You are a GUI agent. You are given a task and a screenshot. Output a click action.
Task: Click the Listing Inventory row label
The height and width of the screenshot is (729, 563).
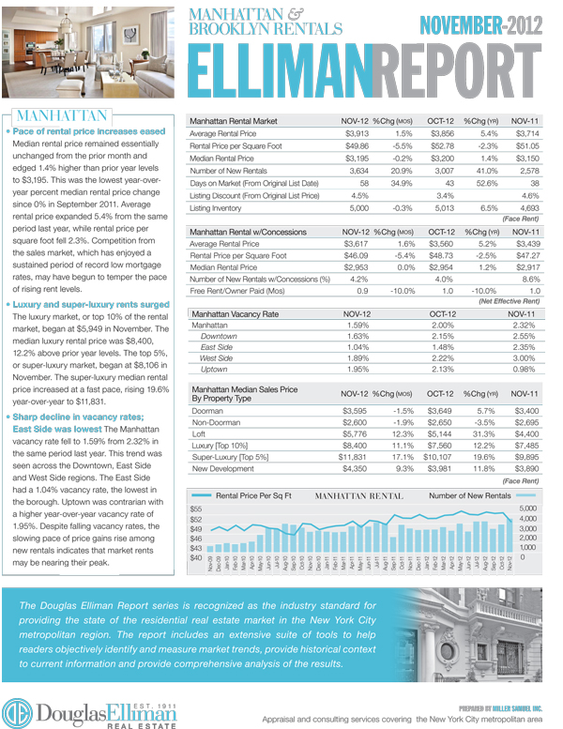coord(222,207)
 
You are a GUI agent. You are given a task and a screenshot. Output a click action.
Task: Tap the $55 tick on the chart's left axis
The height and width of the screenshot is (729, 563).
coord(196,508)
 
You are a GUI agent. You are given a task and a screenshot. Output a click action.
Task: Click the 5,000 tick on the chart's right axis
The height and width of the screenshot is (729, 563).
coord(529,508)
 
